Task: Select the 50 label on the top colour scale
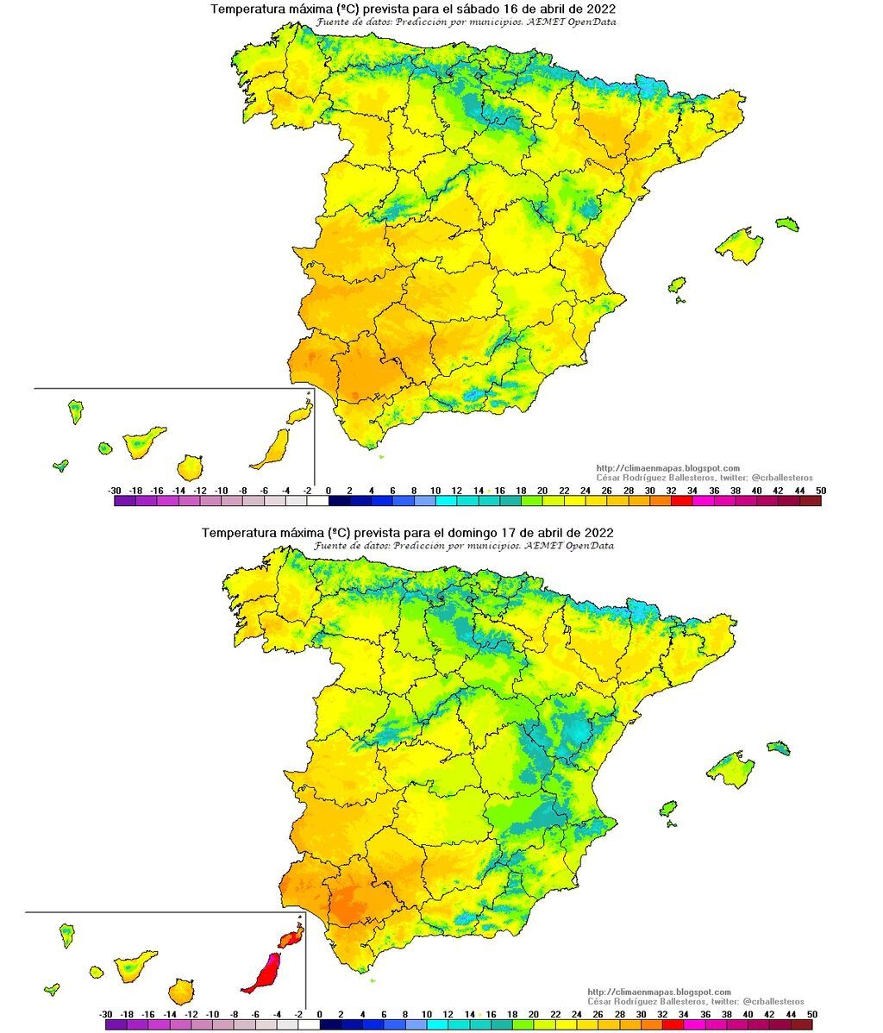tap(820, 490)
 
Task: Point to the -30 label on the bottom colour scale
tap(106, 1014)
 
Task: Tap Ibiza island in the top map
tap(677, 285)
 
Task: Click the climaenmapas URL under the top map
tap(668, 468)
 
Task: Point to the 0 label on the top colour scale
tap(328, 490)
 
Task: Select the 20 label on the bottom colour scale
tap(534, 1014)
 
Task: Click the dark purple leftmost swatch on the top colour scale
tap(124, 500)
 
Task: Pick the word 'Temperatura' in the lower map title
tap(235, 533)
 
